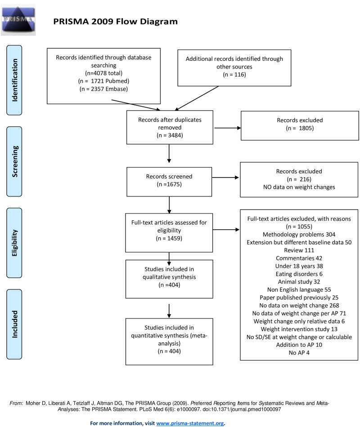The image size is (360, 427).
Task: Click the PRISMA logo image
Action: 18,20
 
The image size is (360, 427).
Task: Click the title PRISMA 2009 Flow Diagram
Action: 115,22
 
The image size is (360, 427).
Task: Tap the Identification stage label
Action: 14,80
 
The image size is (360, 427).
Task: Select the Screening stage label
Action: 14,162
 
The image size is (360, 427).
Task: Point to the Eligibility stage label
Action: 14,243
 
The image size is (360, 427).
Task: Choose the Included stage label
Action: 14,324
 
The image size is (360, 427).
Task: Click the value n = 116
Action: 234,75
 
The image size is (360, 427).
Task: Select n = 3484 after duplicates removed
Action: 170,135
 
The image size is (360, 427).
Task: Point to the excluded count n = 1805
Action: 300,128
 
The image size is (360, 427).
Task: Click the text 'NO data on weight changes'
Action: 299,187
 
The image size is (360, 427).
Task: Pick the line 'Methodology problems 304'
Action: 299,235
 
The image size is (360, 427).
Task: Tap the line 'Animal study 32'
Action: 299,282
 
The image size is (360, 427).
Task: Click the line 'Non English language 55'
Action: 299,290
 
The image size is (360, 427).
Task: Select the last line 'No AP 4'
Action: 299,353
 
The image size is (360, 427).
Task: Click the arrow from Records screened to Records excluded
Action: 225,177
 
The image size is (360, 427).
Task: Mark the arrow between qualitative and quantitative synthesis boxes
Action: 169,311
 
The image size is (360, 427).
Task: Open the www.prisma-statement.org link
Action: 190,423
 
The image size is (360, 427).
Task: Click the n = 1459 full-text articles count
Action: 169,239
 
